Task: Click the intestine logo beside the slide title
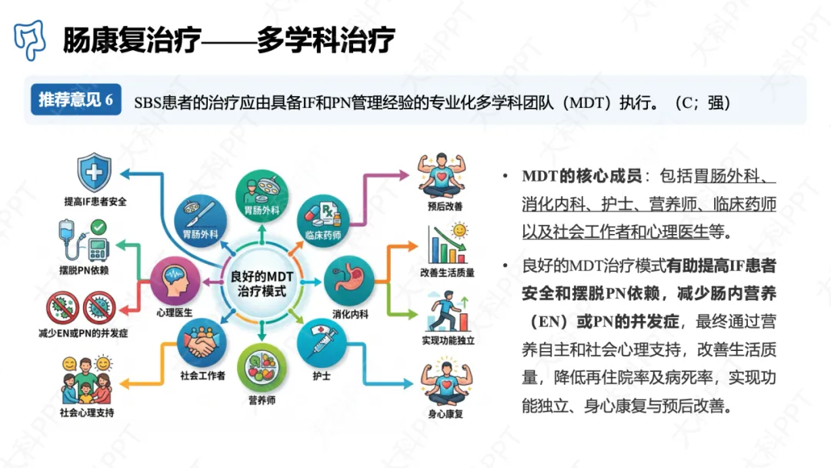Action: pyautogui.click(x=29, y=40)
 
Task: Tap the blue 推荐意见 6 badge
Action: pyautogui.click(x=75, y=99)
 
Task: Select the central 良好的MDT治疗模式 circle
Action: pyautogui.click(x=262, y=283)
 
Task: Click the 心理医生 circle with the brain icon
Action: pyautogui.click(x=175, y=281)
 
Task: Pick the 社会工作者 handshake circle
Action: pyautogui.click(x=202, y=343)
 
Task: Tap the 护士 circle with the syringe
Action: pyautogui.click(x=322, y=343)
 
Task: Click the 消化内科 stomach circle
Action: pyautogui.click(x=349, y=281)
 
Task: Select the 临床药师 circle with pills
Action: pyautogui.click(x=322, y=220)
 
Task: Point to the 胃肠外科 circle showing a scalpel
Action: pyautogui.click(x=200, y=220)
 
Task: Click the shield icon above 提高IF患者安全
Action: pyautogui.click(x=95, y=172)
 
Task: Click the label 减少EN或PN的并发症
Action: pyautogui.click(x=83, y=333)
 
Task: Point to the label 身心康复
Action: pyautogui.click(x=446, y=414)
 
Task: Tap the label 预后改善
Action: pyautogui.click(x=446, y=206)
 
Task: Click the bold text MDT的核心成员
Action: pyautogui.click(x=582, y=176)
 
